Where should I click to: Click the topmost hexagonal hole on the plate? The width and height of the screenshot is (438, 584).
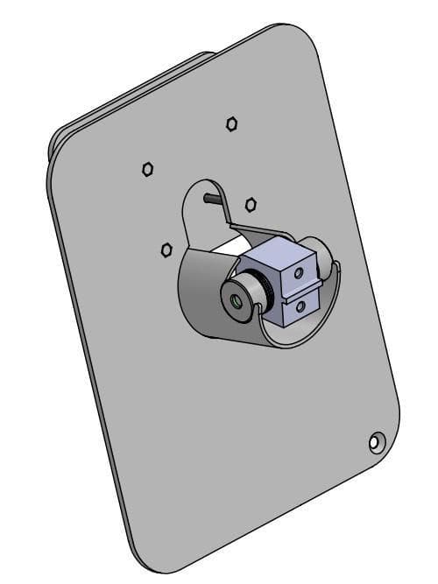click(x=232, y=123)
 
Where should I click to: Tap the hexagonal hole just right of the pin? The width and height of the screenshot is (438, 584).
click(x=251, y=204)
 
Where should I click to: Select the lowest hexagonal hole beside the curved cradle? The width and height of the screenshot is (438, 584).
click(x=166, y=250)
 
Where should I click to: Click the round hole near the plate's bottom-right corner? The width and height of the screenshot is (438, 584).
click(x=377, y=442)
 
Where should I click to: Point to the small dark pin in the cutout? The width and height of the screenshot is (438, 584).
click(x=210, y=198)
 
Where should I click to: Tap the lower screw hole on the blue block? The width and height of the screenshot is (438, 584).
click(x=301, y=306)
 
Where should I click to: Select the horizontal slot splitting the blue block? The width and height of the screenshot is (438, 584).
click(x=302, y=292)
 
